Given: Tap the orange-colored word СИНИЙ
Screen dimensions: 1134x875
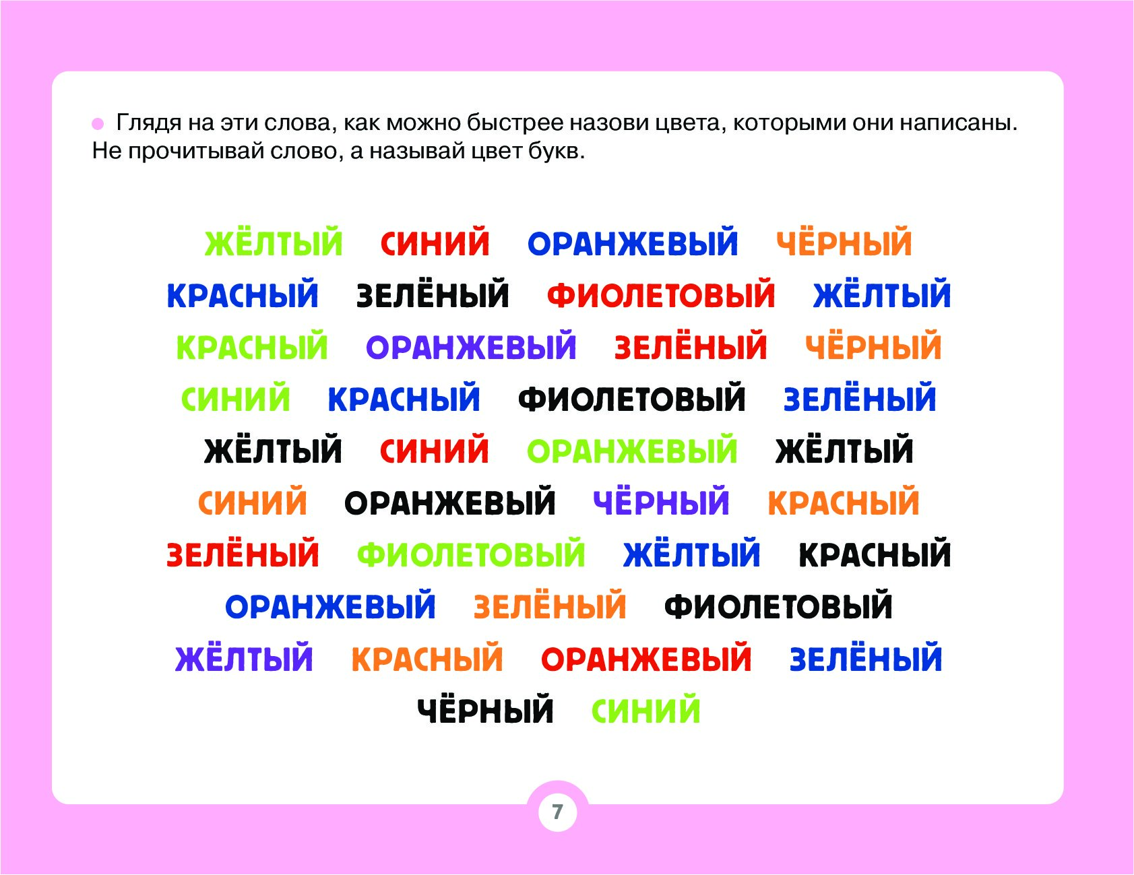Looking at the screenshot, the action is pos(253,503).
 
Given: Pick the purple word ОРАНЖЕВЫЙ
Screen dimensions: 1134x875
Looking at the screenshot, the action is pos(471,347).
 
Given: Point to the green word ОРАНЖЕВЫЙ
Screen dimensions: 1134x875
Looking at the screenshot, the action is pos(632,451).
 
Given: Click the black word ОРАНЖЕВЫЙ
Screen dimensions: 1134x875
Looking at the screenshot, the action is pos(450,503).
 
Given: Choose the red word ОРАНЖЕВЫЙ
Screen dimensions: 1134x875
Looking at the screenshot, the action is pos(646,659).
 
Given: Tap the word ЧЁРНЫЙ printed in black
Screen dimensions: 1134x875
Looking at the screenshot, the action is pos(485,709).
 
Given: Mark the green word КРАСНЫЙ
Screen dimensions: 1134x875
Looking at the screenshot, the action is pos(252,347).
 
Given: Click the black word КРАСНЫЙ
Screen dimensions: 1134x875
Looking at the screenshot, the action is pos(875,554).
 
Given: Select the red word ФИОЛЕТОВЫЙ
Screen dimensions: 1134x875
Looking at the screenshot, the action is pos(661,295).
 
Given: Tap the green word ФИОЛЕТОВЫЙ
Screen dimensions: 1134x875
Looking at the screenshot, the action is pos(471,554).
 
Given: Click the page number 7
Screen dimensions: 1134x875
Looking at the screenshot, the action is pos(557,812).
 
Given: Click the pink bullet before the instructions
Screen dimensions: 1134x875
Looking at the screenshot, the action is pos(98,124).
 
